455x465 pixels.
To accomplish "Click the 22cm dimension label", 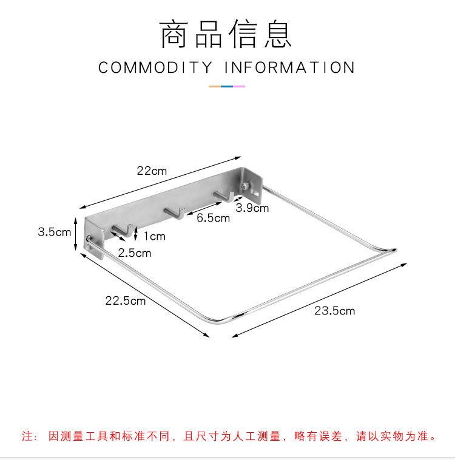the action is (152, 171).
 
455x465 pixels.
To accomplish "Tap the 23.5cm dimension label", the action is (334, 311).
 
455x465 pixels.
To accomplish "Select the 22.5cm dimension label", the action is (126, 300).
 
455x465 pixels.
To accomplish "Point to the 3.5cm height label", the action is (54, 232).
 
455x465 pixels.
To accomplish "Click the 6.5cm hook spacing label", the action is (213, 218).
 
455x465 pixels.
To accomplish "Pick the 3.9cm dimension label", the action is (252, 208).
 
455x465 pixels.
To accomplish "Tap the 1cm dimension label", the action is (155, 236).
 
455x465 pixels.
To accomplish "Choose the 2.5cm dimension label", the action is (134, 253).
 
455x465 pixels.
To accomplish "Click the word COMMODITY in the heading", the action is (155, 67).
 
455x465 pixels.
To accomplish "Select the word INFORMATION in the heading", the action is (289, 67).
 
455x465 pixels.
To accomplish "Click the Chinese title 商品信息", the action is (226, 34).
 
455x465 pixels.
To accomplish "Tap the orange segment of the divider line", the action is (215, 87).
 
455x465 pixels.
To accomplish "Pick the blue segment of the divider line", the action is (227, 87).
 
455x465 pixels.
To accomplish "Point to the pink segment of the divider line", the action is (239, 87).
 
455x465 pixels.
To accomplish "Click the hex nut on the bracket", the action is (245, 186).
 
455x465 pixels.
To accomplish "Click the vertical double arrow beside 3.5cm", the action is (76, 234).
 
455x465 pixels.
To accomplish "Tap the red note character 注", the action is (27, 436).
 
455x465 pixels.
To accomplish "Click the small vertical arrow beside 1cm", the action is (136, 234).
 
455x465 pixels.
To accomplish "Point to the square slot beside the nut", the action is (255, 194).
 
